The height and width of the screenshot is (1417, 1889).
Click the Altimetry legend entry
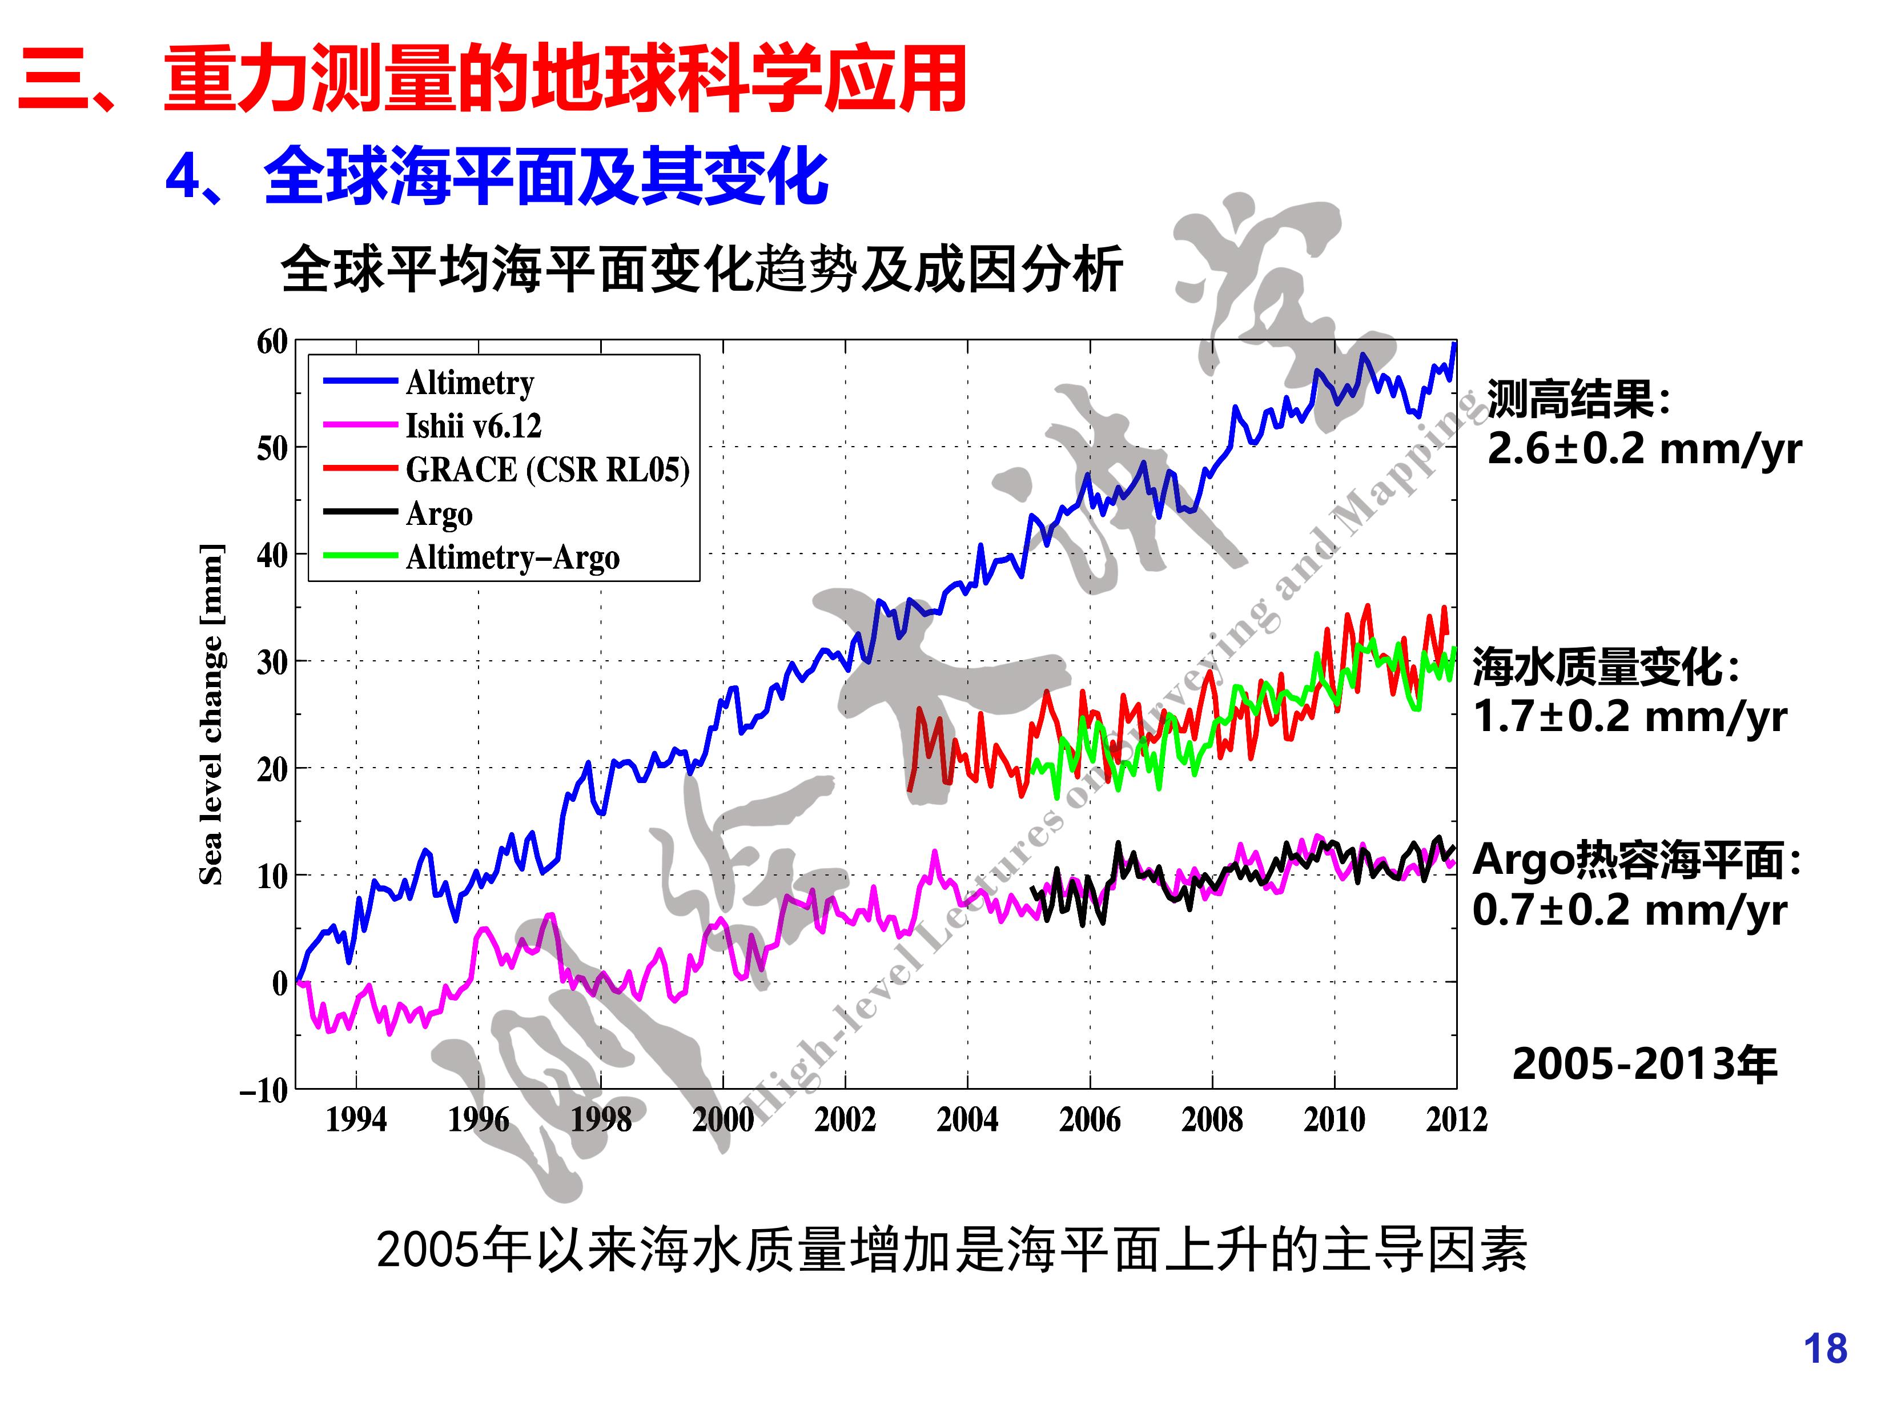click(470, 383)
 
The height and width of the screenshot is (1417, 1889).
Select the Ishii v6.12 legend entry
click(473, 426)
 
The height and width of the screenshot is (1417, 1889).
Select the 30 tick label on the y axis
click(272, 662)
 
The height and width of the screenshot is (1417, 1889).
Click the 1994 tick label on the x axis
click(356, 1120)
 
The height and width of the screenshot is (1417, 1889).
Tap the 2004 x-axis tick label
click(967, 1120)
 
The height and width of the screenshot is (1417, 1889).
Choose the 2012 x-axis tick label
click(1456, 1120)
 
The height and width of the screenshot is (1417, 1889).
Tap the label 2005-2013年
click(1645, 1064)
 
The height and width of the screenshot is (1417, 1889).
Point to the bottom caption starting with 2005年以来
click(951, 1250)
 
